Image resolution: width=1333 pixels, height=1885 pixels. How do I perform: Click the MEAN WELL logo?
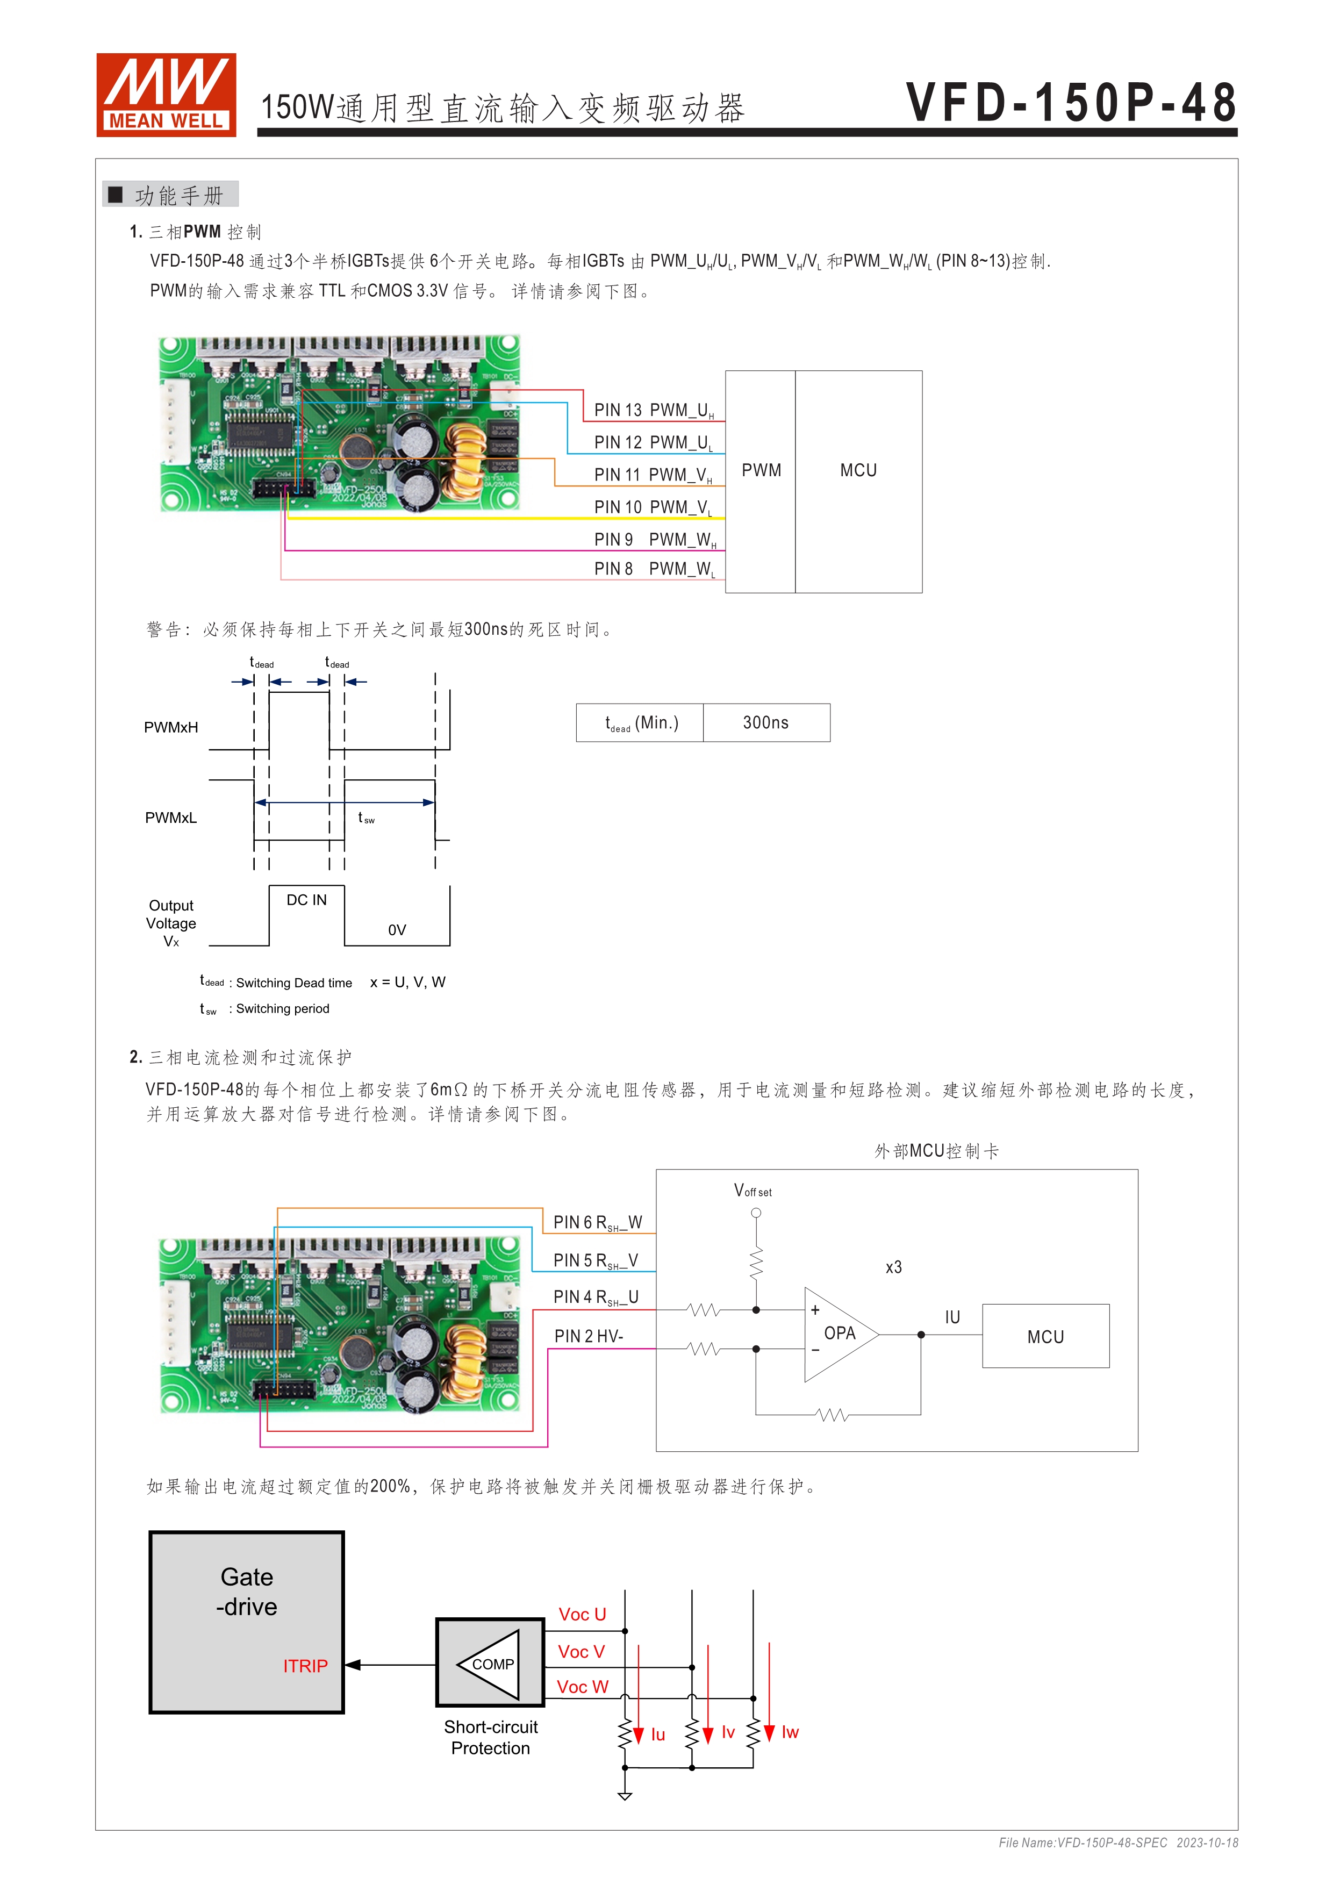[166, 95]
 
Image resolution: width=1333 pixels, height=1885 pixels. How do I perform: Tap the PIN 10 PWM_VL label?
[654, 507]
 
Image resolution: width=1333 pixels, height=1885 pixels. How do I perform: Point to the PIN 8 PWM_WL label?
[654, 569]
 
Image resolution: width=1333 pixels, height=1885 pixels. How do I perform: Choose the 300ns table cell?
[766, 722]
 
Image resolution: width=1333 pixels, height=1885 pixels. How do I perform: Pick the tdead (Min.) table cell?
[640, 722]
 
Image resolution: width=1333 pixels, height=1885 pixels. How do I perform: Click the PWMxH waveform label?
[171, 727]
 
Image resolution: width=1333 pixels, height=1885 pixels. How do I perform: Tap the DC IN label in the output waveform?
[306, 900]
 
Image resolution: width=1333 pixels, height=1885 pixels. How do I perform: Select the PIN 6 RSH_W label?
[597, 1222]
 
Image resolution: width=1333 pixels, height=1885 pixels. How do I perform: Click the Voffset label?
[752, 1191]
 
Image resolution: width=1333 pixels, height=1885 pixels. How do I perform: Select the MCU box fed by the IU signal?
[1045, 1337]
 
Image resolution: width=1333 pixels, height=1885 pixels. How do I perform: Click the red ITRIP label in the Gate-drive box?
[305, 1666]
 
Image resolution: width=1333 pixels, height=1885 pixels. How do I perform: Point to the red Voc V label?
[581, 1652]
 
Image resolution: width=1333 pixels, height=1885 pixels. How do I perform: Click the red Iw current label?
[790, 1732]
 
